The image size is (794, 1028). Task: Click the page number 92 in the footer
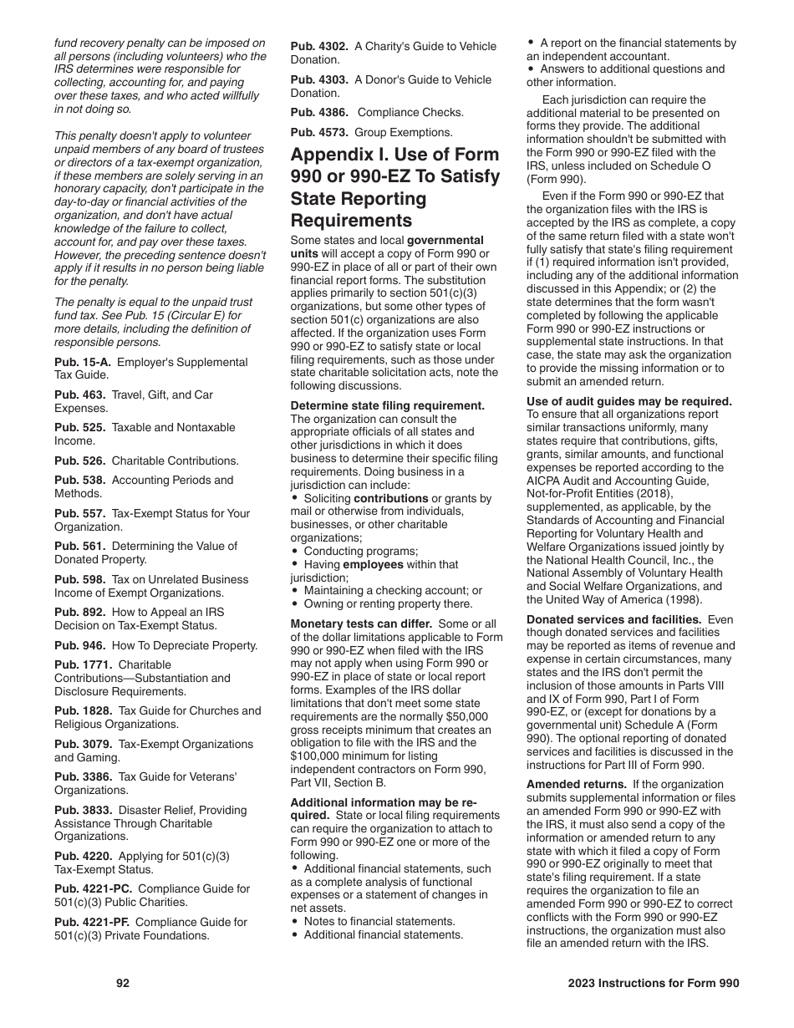coord(123,984)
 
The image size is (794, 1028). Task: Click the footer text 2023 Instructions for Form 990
coord(648,984)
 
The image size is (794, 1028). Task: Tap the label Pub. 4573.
coord(319,132)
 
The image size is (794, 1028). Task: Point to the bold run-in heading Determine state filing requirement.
coord(387,405)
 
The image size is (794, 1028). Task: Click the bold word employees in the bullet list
coord(368,565)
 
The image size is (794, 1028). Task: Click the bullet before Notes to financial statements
coord(295,922)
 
